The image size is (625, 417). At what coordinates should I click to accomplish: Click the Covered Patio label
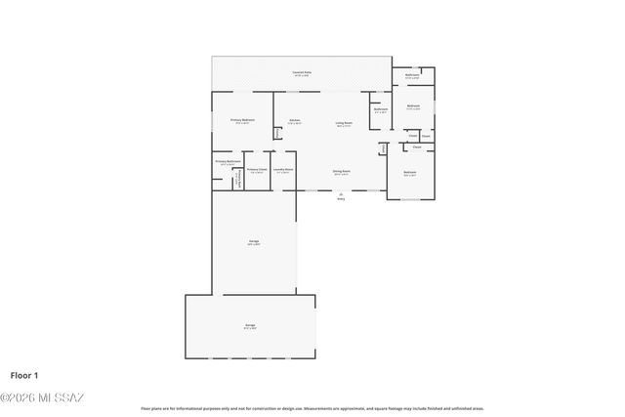[302, 72]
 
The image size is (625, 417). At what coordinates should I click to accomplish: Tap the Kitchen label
[294, 121]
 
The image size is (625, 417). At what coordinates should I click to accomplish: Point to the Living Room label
[344, 123]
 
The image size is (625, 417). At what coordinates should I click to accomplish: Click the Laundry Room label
[283, 170]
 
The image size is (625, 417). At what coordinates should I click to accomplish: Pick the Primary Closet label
[257, 170]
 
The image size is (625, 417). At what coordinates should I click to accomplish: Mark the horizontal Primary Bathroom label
[228, 161]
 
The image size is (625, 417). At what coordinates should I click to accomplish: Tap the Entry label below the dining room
[341, 198]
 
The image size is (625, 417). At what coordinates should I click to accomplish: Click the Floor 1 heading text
[24, 375]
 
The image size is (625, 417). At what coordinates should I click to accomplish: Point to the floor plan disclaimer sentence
[312, 408]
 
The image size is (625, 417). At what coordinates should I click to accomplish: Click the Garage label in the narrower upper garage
[253, 241]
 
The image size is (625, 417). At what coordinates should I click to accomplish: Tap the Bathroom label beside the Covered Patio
[413, 75]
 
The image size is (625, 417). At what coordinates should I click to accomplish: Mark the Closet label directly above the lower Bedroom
[417, 146]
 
